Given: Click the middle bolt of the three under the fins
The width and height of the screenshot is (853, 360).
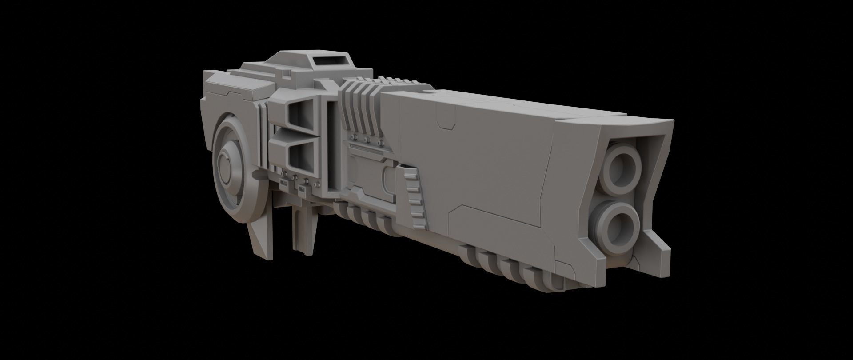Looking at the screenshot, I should tap(367, 141).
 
